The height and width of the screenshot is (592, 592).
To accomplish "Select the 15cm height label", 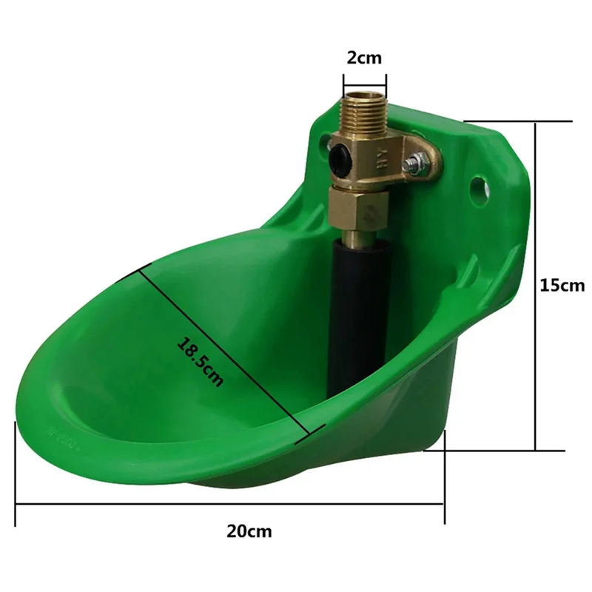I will [561, 285].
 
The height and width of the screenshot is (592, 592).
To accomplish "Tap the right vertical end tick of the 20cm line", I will [444, 474].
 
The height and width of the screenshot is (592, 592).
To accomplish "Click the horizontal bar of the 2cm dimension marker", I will [363, 82].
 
